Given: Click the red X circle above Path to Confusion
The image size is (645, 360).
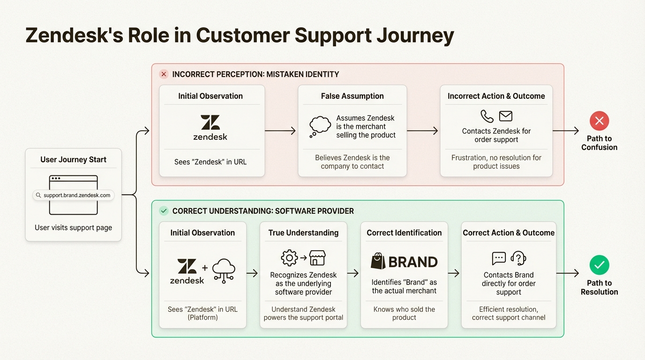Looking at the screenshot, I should point(599,121).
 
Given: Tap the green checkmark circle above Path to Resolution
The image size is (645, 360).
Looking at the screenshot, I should point(599,265).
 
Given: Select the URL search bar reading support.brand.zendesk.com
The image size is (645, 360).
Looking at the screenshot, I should point(73,195).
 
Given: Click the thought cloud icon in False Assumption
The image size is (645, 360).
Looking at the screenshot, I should point(320,127).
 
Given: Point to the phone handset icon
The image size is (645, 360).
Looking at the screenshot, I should point(487,116).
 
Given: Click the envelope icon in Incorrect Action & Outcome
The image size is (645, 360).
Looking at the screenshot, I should point(505,116).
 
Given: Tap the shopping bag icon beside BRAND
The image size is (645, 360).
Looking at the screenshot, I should point(378,261).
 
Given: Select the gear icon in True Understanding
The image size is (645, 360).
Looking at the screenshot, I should point(289,258).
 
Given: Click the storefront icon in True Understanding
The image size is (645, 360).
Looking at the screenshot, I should point(317,258).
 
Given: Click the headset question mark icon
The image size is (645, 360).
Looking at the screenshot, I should point(518,258).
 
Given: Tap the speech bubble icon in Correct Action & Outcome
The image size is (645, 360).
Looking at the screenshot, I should point(499,258).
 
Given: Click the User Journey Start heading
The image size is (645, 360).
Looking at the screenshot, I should point(73,159).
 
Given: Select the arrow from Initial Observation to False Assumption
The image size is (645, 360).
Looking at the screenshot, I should point(281,131).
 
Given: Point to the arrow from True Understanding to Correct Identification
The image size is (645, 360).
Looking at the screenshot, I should point(353,273).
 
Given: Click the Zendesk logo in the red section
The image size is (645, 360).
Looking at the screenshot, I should point(210,127).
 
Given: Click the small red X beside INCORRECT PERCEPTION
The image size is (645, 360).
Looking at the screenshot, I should point(164,74).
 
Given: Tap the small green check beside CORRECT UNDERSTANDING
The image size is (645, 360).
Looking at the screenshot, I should point(164,211).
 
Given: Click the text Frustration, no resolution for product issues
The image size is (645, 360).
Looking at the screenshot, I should point(496,162).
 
